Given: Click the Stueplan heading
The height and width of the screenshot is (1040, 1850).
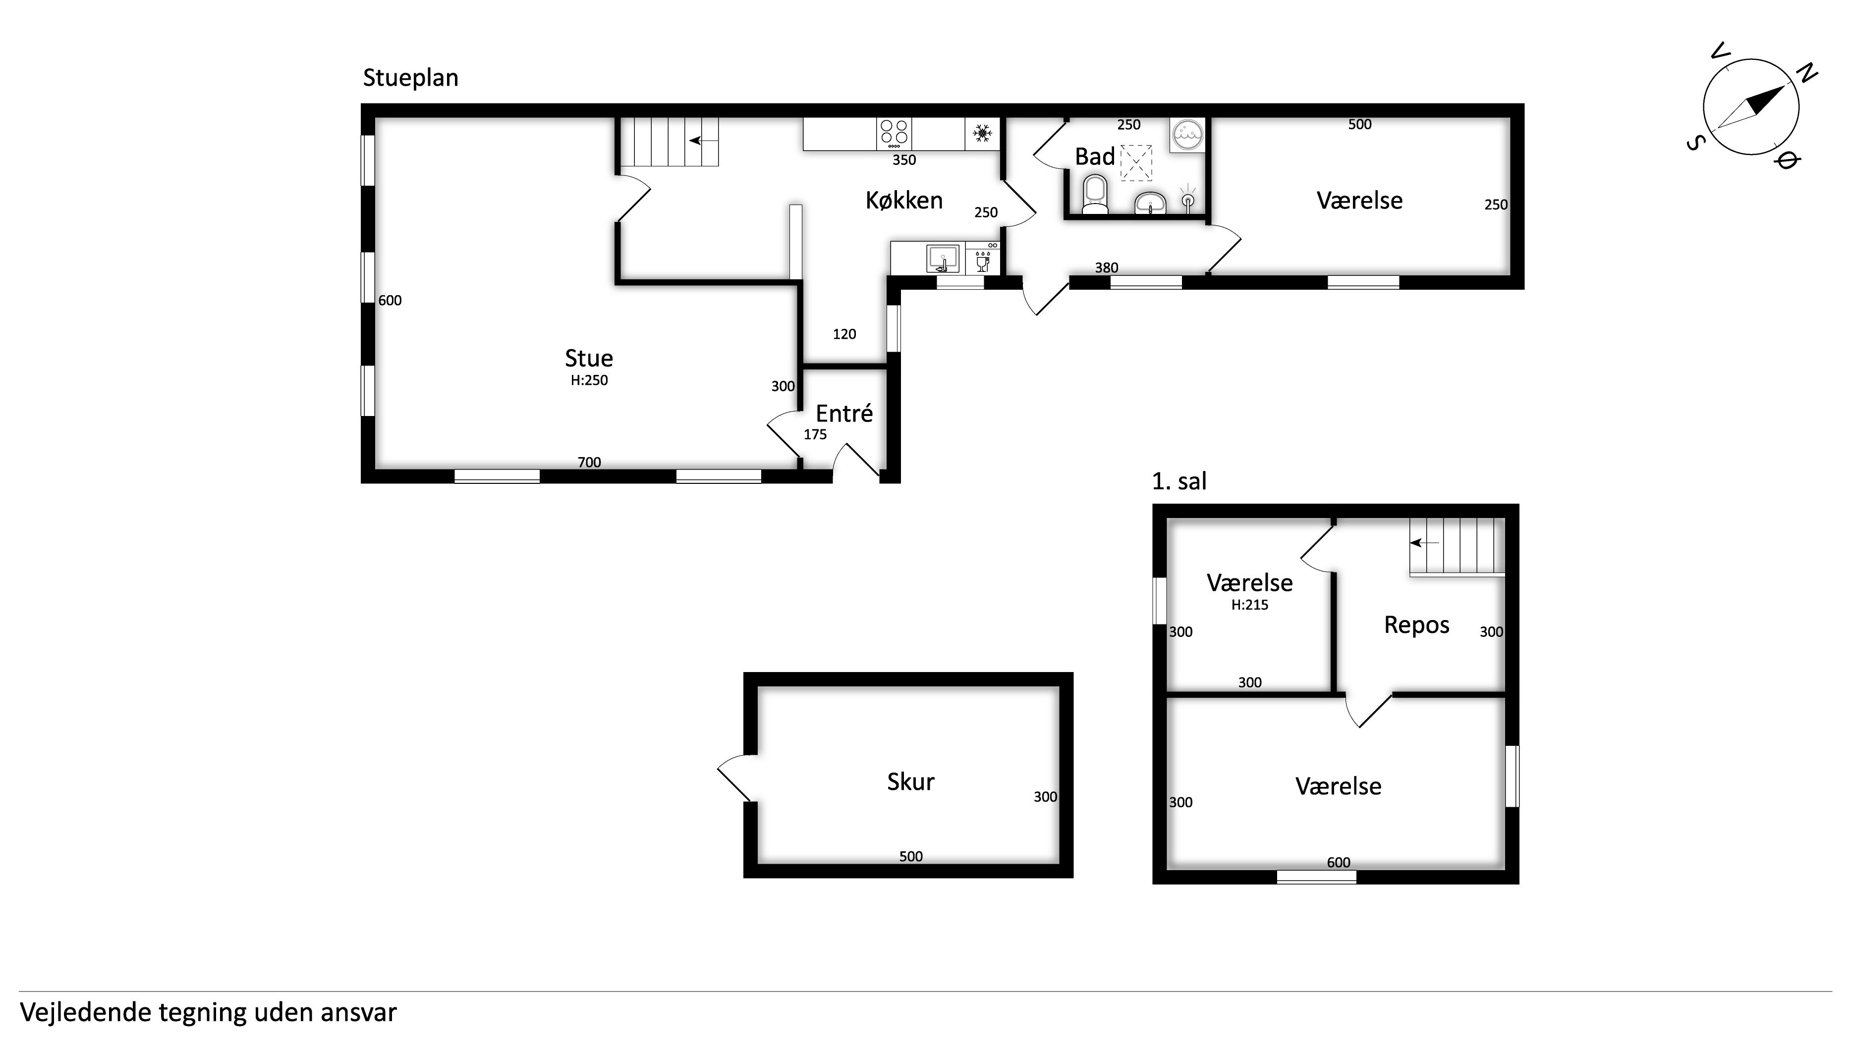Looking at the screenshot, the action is (x=410, y=78).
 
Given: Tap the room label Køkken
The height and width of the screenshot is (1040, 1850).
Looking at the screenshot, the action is (x=903, y=200).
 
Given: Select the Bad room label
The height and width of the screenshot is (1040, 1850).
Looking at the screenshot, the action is (x=1094, y=156).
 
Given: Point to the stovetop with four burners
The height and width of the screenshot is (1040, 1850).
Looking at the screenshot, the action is (x=894, y=134).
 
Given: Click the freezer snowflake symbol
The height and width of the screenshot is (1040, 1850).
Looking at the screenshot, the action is (x=982, y=134).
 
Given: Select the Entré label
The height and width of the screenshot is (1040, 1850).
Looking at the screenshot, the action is (x=844, y=414).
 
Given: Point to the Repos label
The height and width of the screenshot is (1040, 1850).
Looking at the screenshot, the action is (x=1416, y=625).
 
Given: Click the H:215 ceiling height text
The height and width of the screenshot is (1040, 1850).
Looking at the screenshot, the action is (x=1250, y=605).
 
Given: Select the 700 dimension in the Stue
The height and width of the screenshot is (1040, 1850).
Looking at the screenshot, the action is (x=589, y=462).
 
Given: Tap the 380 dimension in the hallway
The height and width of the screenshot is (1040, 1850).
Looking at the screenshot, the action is (x=1106, y=268).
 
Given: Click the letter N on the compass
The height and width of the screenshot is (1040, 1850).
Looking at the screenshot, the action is (x=1806, y=73).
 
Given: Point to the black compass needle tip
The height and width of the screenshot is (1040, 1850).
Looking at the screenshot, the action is (x=1784, y=86).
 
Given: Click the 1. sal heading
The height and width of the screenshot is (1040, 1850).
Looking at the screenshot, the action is (x=1178, y=481).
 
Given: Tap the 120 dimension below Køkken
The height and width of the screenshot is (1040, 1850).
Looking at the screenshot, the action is (x=844, y=334).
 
